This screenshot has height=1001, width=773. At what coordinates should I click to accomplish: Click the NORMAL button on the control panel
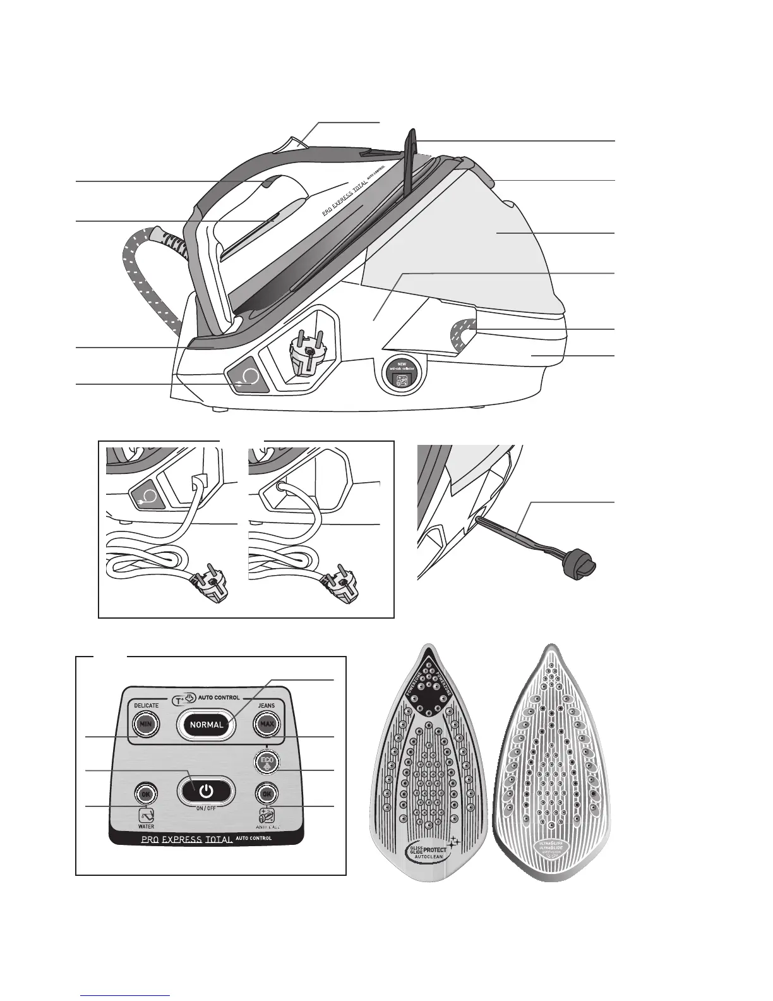tap(207, 725)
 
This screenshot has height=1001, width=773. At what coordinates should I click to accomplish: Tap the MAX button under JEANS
tap(267, 724)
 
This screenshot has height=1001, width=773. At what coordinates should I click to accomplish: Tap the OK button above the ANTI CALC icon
tap(267, 793)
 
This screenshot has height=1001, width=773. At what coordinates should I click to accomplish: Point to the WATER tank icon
tap(147, 815)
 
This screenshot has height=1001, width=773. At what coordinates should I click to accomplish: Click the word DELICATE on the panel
tap(146, 705)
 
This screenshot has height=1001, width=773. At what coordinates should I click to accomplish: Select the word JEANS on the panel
tap(266, 705)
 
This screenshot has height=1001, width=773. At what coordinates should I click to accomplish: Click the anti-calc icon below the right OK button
tap(267, 815)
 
